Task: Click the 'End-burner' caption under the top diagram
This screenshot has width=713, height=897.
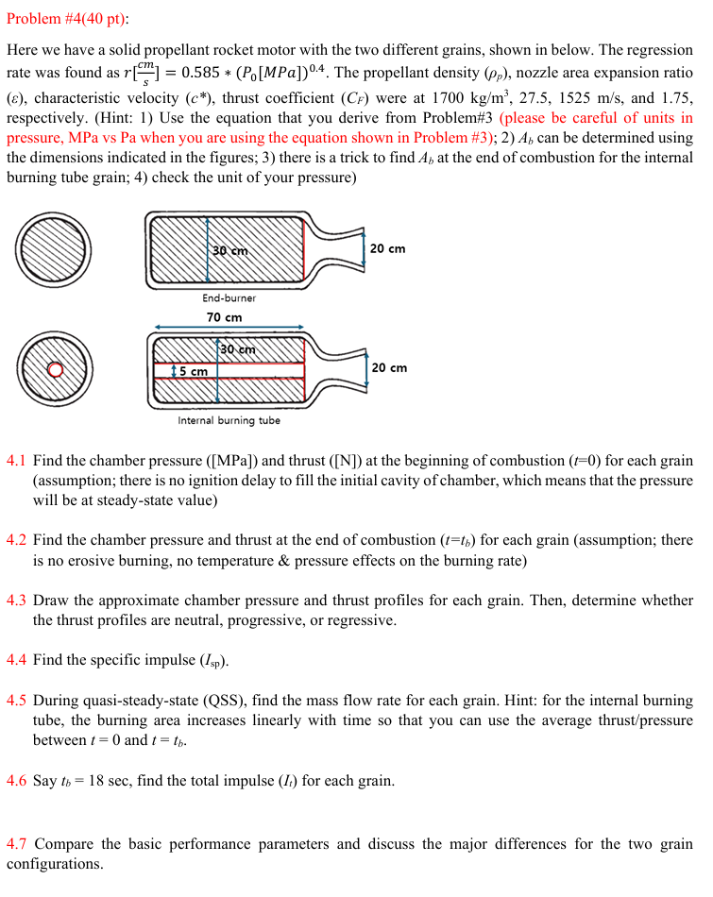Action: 229,297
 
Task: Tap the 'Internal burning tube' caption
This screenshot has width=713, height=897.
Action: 229,420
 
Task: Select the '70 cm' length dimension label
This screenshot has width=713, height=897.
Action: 225,317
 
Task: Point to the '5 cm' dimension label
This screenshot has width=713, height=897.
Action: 195,371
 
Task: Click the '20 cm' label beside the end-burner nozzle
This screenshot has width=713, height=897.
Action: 387,248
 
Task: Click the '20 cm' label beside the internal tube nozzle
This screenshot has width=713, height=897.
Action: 389,367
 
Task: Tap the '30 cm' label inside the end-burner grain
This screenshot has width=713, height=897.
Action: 229,251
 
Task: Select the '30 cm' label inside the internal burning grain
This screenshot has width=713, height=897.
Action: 238,350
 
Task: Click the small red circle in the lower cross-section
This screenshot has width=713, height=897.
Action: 55,369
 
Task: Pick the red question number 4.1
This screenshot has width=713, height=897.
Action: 17,462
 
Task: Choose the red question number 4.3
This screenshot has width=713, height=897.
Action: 17,601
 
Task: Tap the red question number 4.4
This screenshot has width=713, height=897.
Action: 17,660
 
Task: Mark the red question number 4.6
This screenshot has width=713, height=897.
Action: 17,781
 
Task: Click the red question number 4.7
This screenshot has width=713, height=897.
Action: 17,844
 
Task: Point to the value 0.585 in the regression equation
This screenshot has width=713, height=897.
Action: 202,74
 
